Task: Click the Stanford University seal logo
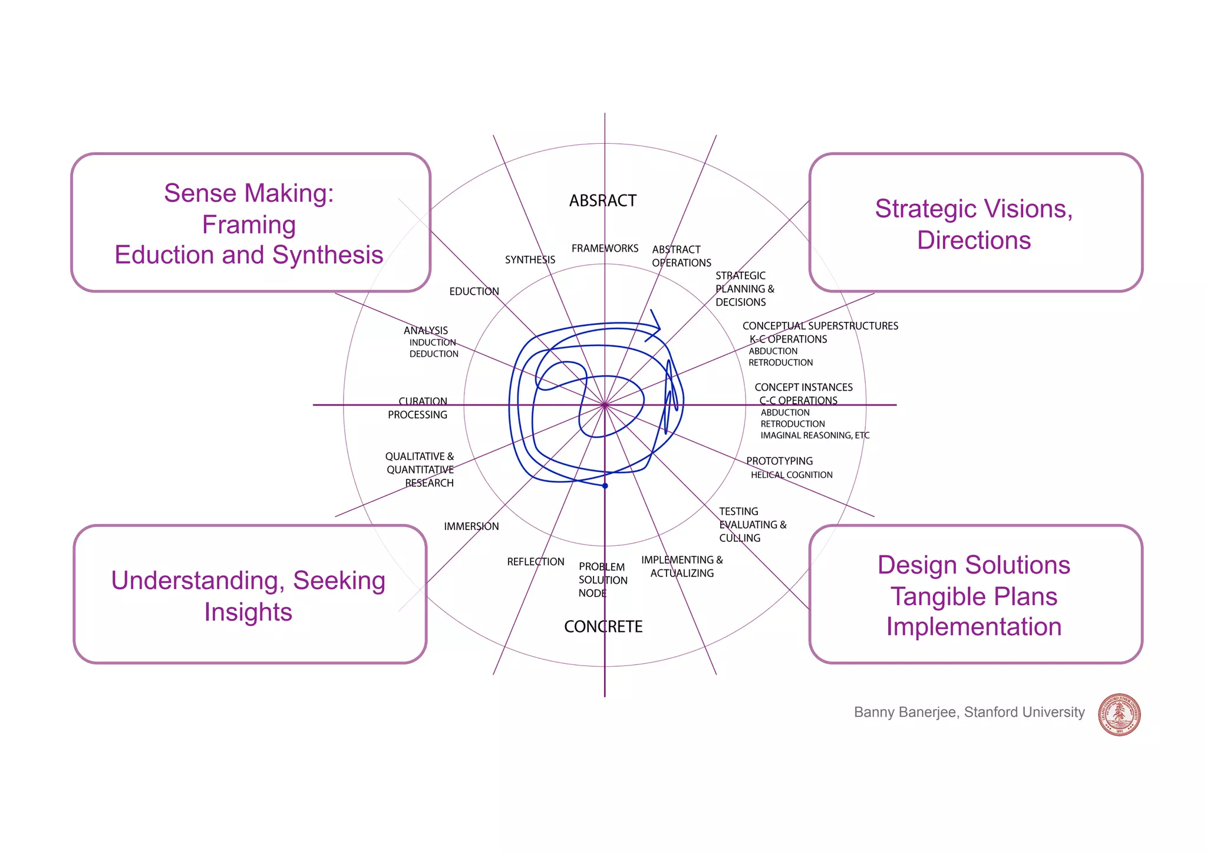(x=1119, y=714)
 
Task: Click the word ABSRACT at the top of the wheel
(x=602, y=201)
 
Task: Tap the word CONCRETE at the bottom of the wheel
(x=603, y=627)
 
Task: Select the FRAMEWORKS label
(x=605, y=249)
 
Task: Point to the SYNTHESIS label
(x=530, y=260)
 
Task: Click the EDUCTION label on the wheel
(x=474, y=292)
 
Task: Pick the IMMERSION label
(x=471, y=526)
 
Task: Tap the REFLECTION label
(x=535, y=562)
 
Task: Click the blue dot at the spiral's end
(x=605, y=486)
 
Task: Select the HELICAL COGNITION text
(x=791, y=475)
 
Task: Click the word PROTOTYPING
(x=779, y=461)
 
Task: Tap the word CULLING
(x=740, y=538)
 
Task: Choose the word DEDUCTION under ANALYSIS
(x=434, y=354)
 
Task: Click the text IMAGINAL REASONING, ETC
(x=814, y=436)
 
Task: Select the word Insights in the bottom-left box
(x=248, y=612)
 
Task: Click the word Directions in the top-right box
(x=974, y=241)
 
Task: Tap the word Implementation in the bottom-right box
(x=974, y=627)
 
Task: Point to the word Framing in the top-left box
(x=249, y=225)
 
